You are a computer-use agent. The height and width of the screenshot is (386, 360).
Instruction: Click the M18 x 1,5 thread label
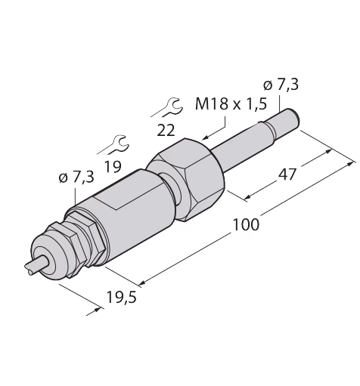coord(231,103)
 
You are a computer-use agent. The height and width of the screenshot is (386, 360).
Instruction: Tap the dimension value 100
coord(246,224)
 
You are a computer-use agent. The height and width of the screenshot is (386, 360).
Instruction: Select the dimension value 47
coord(287,174)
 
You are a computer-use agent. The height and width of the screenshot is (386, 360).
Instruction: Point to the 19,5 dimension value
coord(121,297)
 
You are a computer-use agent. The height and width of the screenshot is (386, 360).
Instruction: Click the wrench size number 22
coord(166,131)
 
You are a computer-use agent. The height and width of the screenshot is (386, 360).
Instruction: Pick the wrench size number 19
coord(113,166)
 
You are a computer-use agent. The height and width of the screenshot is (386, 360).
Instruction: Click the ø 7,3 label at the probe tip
coord(281,85)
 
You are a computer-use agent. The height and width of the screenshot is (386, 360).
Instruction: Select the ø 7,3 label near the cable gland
coord(76,178)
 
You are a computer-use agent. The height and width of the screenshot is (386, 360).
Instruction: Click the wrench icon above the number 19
coord(113,145)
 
